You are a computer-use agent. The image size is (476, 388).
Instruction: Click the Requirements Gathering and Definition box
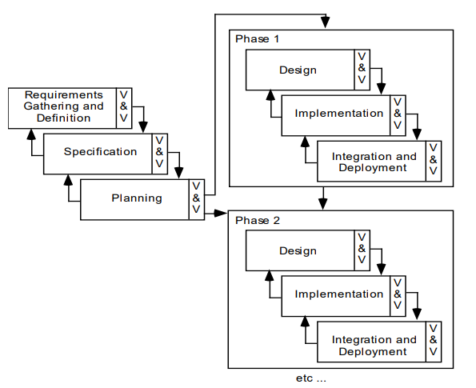point(62,106)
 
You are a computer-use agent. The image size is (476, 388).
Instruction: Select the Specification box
point(100,152)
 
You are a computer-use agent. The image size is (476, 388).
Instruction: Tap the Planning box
point(136,198)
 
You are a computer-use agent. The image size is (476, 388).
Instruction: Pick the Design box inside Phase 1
point(298,70)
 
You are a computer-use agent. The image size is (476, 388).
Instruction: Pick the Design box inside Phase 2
point(298,251)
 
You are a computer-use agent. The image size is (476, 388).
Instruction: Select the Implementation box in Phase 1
point(338,114)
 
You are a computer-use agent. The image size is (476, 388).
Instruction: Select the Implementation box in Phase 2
point(338,294)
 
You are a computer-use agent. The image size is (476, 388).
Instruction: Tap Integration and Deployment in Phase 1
point(374,162)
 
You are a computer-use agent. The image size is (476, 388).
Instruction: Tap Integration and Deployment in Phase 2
point(374,346)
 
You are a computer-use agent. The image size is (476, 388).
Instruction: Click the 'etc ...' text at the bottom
point(310,378)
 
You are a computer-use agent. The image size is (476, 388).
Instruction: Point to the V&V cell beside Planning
point(196,198)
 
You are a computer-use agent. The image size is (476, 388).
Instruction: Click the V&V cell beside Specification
point(159,152)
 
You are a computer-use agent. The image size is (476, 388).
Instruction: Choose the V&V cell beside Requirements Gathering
point(123,106)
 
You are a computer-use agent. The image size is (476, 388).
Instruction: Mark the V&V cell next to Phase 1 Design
point(362,70)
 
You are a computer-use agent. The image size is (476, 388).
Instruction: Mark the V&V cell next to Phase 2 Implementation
point(398,294)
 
